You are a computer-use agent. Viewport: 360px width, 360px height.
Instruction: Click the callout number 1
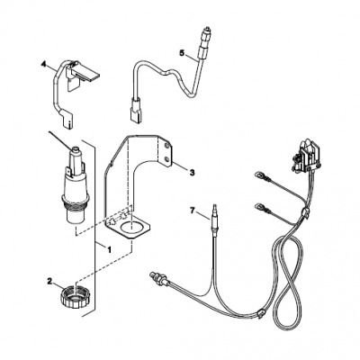[x=109, y=249]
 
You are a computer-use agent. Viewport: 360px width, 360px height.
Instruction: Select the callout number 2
[x=49, y=282]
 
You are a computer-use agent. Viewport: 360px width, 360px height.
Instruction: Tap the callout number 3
[x=192, y=173]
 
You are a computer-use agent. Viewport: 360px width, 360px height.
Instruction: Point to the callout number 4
[x=44, y=64]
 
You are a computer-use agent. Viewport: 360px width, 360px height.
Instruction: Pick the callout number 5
[x=182, y=53]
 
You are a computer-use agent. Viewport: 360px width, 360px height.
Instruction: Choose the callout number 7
[x=193, y=211]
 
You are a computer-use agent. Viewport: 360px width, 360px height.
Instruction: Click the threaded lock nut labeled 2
[x=76, y=298]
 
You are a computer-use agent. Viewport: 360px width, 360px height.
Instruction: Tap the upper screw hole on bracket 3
[x=166, y=146]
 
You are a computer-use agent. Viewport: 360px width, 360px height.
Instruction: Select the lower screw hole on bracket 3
[x=166, y=158]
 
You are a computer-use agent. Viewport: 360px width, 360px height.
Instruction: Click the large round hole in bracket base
[x=131, y=227]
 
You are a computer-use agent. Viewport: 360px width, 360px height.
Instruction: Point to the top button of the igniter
[x=75, y=148]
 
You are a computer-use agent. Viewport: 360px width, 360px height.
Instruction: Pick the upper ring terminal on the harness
[x=258, y=175]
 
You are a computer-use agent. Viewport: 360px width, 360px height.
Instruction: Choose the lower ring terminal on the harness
[x=258, y=206]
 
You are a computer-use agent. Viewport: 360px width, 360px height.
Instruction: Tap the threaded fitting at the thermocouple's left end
[x=157, y=275]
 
